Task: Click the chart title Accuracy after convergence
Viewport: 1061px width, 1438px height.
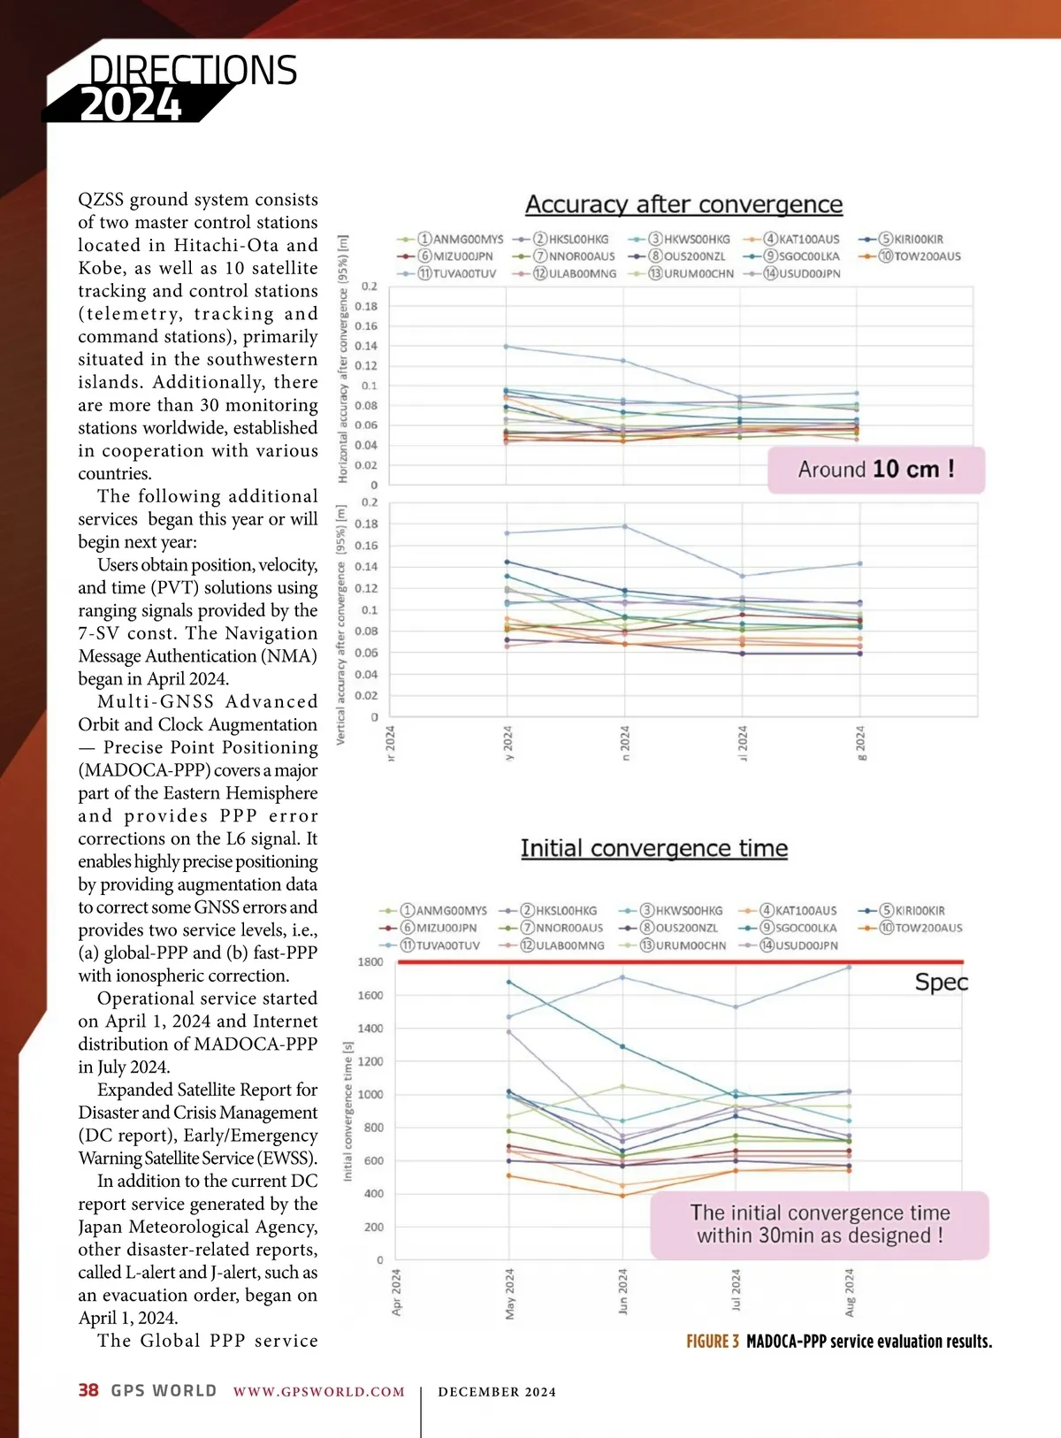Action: (683, 204)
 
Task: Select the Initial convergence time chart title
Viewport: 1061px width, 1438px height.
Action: (653, 848)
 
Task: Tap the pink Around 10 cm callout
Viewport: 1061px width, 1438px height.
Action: (875, 470)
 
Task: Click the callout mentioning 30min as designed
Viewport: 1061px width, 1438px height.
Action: (820, 1224)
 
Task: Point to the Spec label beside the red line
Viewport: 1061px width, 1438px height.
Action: (941, 983)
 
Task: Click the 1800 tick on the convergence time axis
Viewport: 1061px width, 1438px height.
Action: (370, 962)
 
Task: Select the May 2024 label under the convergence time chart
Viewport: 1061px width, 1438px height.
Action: (509, 1293)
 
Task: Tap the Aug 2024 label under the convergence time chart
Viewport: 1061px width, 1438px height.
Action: (850, 1292)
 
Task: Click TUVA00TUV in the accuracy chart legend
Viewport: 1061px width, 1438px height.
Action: (457, 274)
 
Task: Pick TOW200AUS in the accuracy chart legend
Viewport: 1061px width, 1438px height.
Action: (927, 256)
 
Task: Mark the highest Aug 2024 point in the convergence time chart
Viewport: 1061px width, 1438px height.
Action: (849, 968)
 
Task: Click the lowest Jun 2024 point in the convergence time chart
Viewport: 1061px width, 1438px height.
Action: (622, 1196)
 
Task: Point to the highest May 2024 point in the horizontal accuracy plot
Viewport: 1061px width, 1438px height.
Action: (507, 347)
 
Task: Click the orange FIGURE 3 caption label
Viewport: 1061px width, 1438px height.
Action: (713, 1342)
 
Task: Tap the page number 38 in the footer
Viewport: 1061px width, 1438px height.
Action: (88, 1390)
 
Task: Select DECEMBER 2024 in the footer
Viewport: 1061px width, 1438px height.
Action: (497, 1392)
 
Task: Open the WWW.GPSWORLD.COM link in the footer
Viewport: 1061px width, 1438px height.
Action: (318, 1392)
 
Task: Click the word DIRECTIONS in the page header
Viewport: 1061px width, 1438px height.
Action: (193, 71)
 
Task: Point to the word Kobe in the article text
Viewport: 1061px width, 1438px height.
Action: (101, 268)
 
